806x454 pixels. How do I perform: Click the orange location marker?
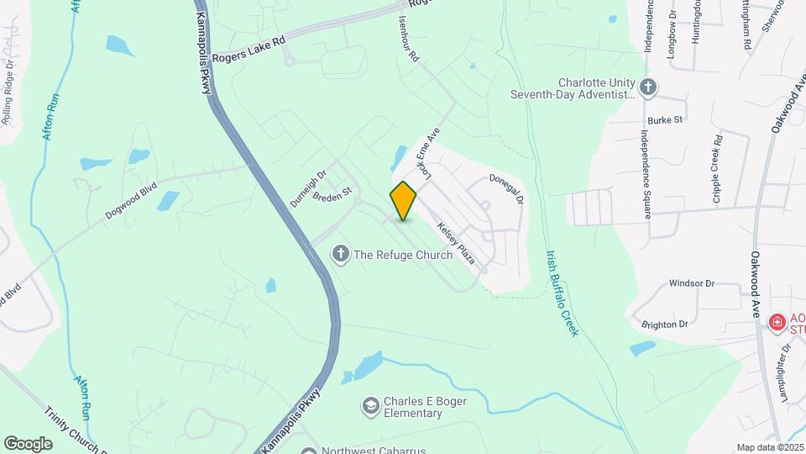point(403,201)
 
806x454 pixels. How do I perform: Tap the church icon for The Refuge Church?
point(341,254)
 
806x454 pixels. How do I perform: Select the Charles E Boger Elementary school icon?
point(369,407)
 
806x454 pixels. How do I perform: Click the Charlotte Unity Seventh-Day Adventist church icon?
point(647,87)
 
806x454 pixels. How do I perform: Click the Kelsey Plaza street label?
point(456,244)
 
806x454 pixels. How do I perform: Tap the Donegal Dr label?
point(507,189)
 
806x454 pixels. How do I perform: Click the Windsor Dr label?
point(691,283)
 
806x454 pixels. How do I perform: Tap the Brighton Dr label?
point(664,324)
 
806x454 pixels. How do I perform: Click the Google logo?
point(28,443)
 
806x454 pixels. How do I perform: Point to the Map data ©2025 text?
point(768,447)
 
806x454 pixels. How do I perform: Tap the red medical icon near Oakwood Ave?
point(777,322)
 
